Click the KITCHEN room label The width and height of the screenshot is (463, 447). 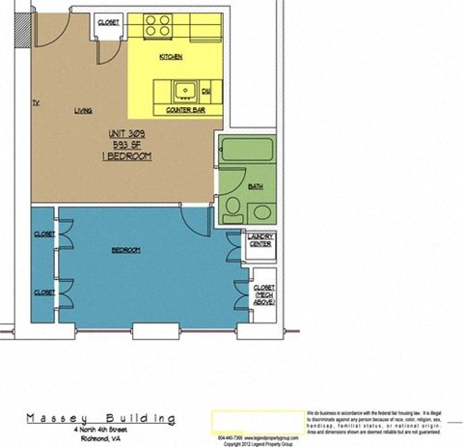point(171,58)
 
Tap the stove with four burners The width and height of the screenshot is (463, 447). point(158,25)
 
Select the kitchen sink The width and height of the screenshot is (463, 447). point(182,93)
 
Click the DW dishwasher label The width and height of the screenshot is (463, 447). point(205,91)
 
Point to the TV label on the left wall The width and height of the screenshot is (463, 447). point(35,101)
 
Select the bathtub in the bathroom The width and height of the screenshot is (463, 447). point(249,152)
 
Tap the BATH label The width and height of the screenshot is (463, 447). point(255,186)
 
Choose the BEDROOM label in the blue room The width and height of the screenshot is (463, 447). point(126,250)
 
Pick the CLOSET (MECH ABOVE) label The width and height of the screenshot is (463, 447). point(263,293)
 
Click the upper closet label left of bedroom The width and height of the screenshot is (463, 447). point(43,235)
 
